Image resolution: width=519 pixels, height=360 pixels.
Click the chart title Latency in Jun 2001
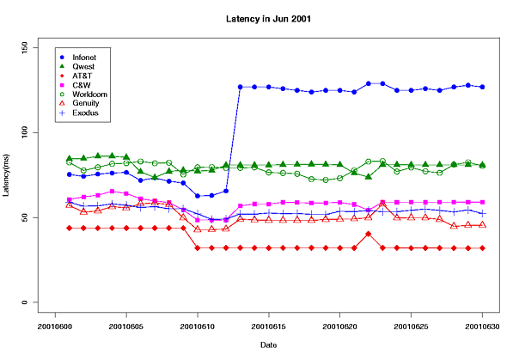pyautogui.click(x=267, y=18)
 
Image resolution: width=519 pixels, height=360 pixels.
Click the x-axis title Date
pyautogui.click(x=267, y=345)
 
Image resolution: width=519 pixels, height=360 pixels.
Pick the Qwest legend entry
pyautogui.click(x=84, y=65)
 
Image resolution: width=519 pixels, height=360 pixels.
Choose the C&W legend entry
pyautogui.click(x=82, y=84)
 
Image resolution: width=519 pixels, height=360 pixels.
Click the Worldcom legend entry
pyautogui.click(x=89, y=94)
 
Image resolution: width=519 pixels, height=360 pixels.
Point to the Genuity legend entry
pyautogui.click(x=86, y=103)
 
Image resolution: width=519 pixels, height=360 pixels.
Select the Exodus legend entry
pyautogui.click(x=85, y=113)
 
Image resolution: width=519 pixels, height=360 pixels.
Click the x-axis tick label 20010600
pyautogui.click(x=56, y=326)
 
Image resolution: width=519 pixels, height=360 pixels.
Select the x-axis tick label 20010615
pyautogui.click(x=268, y=326)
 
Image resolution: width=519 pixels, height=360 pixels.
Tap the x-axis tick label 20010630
pyautogui.click(x=481, y=326)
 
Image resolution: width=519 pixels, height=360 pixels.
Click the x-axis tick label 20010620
pyautogui.click(x=339, y=326)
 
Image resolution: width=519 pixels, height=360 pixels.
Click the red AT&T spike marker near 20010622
pyautogui.click(x=368, y=234)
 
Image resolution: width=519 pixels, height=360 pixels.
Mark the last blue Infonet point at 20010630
pyautogui.click(x=482, y=87)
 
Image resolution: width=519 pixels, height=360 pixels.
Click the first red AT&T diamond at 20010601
pyautogui.click(x=70, y=228)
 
